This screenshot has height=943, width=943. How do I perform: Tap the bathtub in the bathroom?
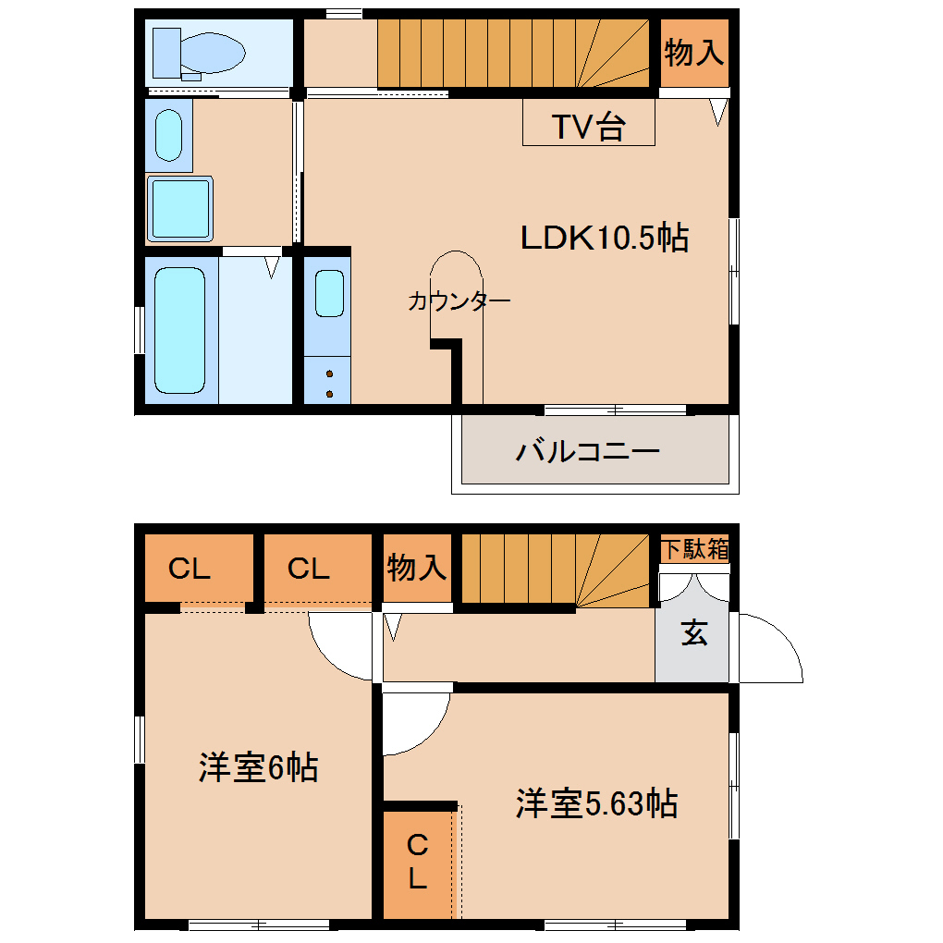tap(179, 329)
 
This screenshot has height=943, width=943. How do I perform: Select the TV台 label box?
tap(588, 123)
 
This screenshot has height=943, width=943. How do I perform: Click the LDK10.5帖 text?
tap(604, 239)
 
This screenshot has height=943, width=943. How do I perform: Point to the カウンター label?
tap(459, 301)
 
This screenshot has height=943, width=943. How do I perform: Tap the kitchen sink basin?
tap(328, 293)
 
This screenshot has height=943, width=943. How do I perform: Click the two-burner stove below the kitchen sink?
tap(328, 383)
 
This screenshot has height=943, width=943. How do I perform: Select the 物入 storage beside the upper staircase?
tap(693, 53)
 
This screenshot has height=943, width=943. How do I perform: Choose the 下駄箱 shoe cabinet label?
tap(693, 549)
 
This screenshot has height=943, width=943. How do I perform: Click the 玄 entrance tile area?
tap(693, 636)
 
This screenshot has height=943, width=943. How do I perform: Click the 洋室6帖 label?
tap(258, 767)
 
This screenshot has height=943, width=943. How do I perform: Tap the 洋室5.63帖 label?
tap(596, 803)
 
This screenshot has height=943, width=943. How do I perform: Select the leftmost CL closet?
tap(190, 569)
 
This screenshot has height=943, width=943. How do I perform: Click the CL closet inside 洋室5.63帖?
tap(418, 860)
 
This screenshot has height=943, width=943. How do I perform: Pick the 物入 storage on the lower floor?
tap(417, 568)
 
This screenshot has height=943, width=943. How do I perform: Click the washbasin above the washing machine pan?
tap(168, 136)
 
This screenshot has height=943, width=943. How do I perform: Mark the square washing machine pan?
tap(180, 208)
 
